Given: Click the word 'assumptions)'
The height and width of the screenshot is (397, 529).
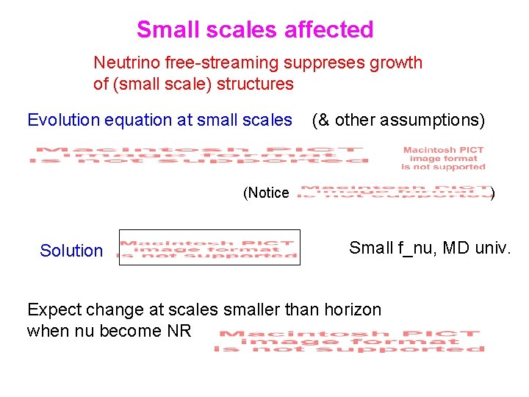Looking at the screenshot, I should pos(440,120).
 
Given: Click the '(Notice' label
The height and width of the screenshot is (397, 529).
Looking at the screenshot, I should pos(266,193).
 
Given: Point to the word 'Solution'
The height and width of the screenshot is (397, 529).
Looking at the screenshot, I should pos(71,251).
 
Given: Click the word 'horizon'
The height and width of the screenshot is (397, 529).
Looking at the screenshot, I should pos(352,310).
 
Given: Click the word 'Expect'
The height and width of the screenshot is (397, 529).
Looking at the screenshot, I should pos(52,310).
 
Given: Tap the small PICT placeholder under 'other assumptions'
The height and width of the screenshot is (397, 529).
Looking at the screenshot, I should pos(443,158).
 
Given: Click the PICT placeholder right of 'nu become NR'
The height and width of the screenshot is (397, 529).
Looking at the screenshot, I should pos(349,342).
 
